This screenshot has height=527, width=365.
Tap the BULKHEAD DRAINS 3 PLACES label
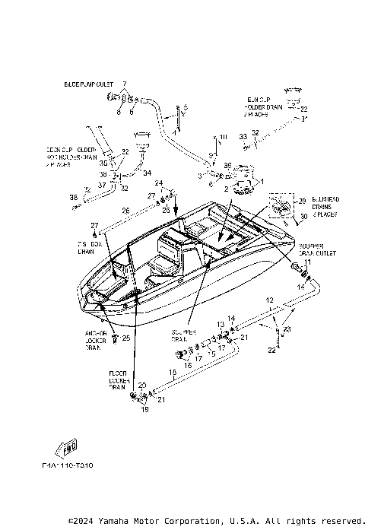[x=322, y=206]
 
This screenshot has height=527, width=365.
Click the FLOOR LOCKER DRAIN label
[x=116, y=380]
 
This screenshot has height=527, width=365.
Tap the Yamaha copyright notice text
[x=216, y=521]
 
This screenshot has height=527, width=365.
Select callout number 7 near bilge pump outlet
[x=125, y=82]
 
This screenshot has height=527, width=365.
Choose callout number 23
[x=287, y=329]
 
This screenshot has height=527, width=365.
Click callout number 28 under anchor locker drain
[x=125, y=338]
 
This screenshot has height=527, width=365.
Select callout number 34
[x=148, y=172]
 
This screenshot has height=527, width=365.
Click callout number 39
[x=227, y=165]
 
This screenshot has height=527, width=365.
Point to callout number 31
[x=304, y=119]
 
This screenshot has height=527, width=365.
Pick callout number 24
[x=158, y=183]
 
